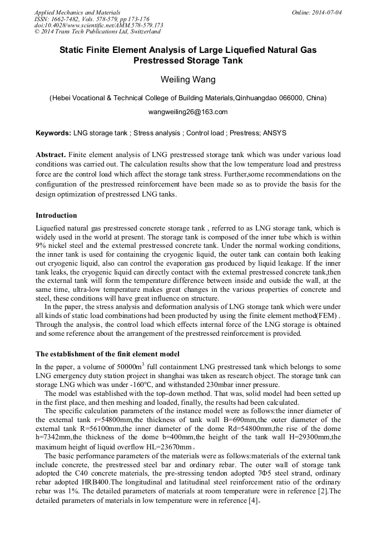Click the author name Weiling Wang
coord(188,80)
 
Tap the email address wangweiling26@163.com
coord(188,112)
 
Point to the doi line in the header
coord(98,26)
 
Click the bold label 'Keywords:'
coord(53,133)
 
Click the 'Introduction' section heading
coord(56,215)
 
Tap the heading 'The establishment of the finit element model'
coord(107,354)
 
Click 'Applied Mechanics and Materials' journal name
coord(78,12)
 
